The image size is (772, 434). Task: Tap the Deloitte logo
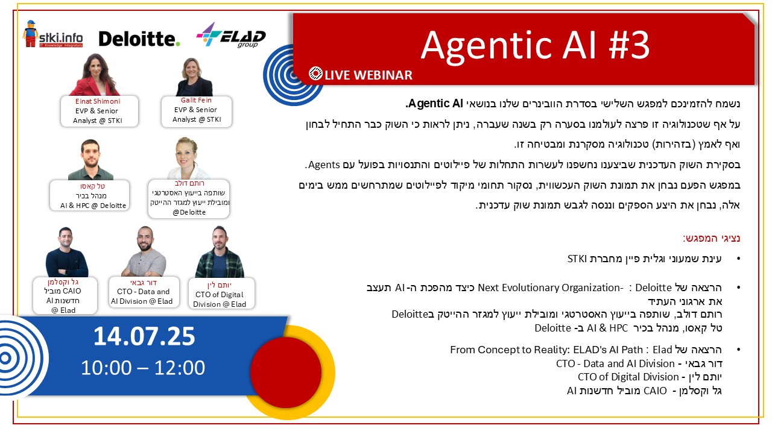point(139,39)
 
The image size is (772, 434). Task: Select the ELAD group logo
point(231,35)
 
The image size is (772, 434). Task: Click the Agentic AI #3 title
point(535,46)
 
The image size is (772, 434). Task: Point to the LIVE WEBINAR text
point(368,75)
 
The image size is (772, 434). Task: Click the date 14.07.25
point(144,336)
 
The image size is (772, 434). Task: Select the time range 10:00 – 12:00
point(143,368)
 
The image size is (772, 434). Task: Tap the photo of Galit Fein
point(194,77)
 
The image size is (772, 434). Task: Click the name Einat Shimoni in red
point(98,101)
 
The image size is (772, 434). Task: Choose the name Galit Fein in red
point(196,100)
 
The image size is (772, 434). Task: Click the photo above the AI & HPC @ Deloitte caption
point(90,160)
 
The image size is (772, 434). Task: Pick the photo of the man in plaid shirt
point(220,252)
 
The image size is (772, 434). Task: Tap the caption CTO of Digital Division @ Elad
point(220,300)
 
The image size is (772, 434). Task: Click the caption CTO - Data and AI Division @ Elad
point(142,296)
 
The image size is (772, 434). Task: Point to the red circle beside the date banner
point(286,373)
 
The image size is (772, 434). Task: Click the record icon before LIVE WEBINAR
point(315,74)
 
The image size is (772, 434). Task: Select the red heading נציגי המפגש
point(711,238)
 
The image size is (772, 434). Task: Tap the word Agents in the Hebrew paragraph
point(324,165)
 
